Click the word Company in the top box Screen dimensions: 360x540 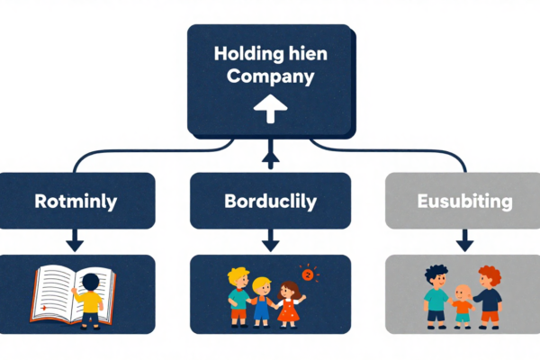[x=270, y=77]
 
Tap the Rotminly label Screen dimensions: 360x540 [x=76, y=201]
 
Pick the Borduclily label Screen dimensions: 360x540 [x=270, y=201]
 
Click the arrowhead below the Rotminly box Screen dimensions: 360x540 [x=76, y=243]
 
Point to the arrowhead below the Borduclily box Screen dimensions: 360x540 [x=270, y=243]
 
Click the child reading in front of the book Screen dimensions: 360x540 [x=90, y=299]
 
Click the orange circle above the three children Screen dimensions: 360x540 [x=306, y=274]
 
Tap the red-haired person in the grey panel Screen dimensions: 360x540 [x=489, y=295]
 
